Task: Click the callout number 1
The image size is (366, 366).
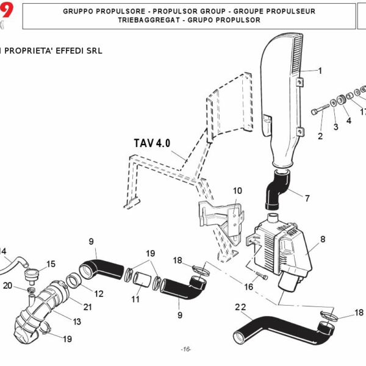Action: tap(319, 70)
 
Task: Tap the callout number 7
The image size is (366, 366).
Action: tap(307, 198)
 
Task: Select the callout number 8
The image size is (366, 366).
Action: tap(322, 240)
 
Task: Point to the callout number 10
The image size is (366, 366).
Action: tap(237, 191)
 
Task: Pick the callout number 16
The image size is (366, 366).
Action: tap(249, 286)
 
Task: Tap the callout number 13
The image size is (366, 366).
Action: tap(77, 321)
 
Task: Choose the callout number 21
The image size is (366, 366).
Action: tap(87, 306)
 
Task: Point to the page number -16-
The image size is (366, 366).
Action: tap(186, 349)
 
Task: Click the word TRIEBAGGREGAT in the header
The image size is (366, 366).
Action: tap(143, 20)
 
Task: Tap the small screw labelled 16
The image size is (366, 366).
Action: tap(262, 276)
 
